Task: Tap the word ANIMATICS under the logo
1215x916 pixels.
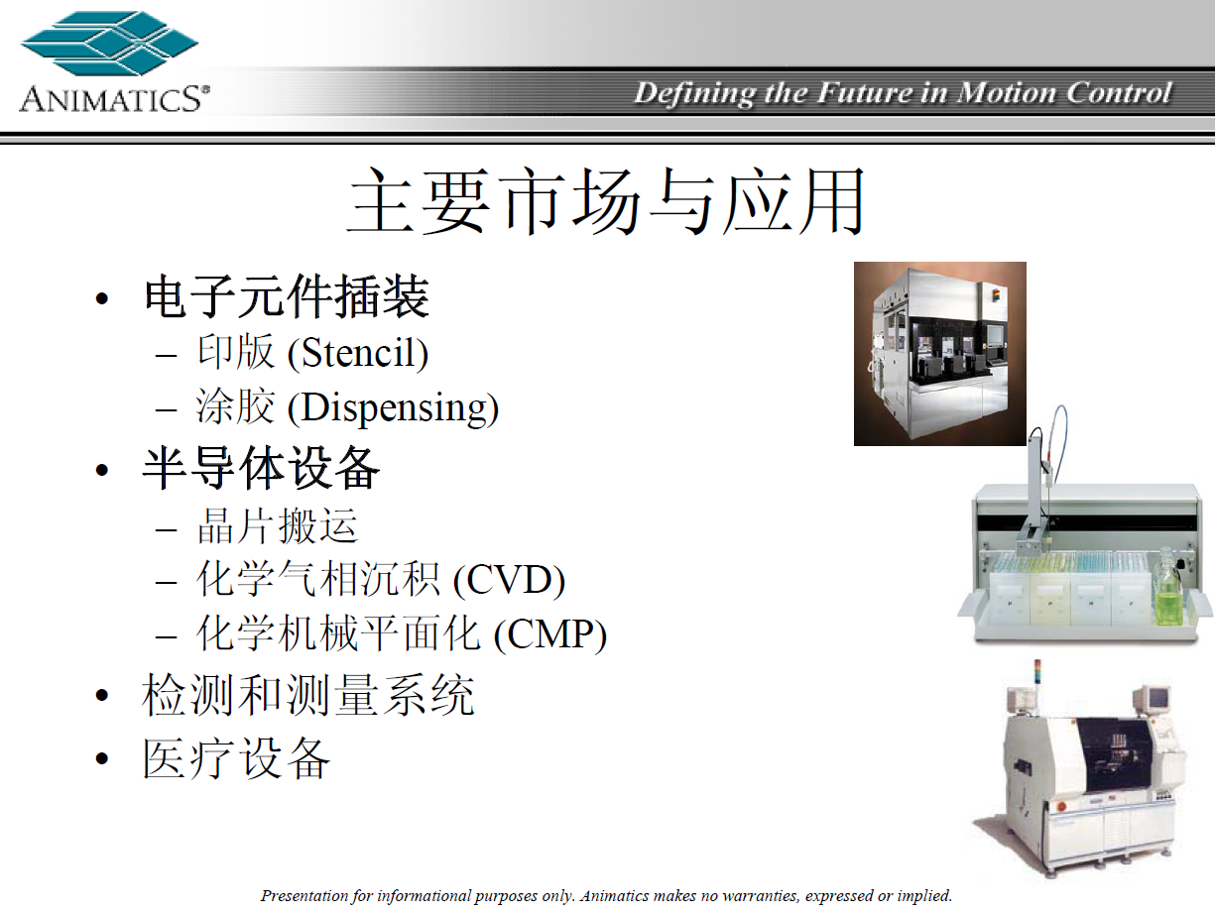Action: (x=115, y=99)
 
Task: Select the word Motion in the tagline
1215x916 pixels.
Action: (x=1007, y=92)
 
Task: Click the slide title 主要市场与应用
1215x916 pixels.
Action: (x=606, y=200)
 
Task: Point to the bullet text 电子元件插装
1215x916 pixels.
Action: (x=287, y=296)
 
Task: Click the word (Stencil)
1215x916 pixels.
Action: (x=358, y=353)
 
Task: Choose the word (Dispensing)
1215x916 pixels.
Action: (x=393, y=408)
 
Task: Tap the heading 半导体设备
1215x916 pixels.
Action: (x=261, y=468)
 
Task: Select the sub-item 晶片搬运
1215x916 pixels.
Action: (x=278, y=526)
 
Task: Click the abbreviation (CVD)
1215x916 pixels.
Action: (x=509, y=580)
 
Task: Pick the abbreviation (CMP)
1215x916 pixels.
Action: (x=550, y=634)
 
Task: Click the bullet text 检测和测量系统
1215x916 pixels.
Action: (x=308, y=695)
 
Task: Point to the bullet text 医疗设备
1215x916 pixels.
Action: (x=236, y=758)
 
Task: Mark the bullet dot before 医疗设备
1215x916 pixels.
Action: (x=102, y=758)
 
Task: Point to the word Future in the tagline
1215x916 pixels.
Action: (x=865, y=92)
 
